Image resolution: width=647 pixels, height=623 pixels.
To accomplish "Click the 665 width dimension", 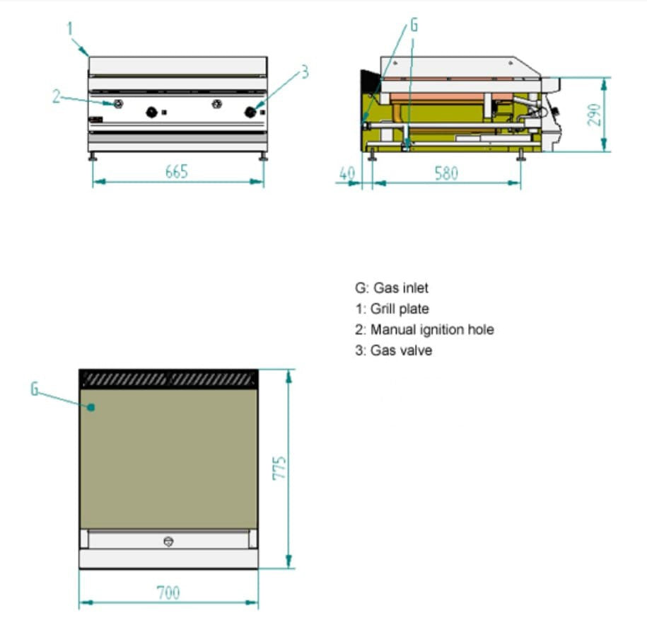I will (176, 171).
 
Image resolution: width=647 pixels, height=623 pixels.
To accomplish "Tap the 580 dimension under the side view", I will (446, 173).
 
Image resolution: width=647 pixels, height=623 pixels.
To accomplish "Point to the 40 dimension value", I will (346, 173).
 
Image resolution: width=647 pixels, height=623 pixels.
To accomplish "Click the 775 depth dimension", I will (279, 468).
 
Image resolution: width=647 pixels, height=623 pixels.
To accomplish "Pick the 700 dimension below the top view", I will (168, 592).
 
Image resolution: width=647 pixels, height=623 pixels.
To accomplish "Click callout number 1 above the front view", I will (70, 29).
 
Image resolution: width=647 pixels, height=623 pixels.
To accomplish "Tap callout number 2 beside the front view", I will (57, 97).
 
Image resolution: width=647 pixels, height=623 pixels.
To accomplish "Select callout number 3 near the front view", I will (305, 72).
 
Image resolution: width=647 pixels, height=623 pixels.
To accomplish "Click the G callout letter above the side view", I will (414, 25).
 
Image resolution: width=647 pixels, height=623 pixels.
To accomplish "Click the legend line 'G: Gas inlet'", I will (392, 288).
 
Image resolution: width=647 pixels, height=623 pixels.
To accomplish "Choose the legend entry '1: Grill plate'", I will (392, 309).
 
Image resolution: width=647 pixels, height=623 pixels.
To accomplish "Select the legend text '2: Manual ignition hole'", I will (424, 329).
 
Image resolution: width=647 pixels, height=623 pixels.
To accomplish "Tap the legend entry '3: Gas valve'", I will (393, 350).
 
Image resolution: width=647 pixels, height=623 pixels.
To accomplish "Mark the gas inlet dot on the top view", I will (91, 406).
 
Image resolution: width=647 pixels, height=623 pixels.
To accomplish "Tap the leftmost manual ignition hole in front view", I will (117, 105).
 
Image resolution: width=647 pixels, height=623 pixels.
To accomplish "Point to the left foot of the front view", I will (93, 157).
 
